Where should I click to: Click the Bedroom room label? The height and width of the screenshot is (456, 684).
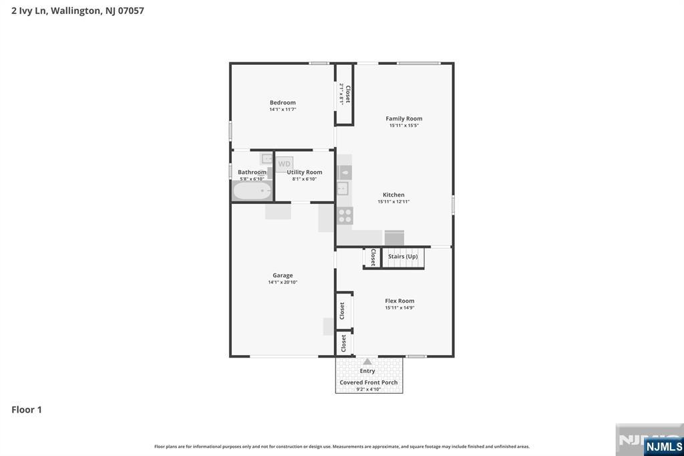[283, 102]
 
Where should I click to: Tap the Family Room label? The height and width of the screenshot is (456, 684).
[404, 118]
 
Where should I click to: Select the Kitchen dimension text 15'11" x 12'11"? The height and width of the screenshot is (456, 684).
[393, 201]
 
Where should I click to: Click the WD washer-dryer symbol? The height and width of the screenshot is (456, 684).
[285, 164]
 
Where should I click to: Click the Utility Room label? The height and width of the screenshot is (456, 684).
[305, 172]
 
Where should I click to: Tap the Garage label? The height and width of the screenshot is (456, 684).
[283, 275]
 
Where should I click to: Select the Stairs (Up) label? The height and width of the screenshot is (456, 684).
[403, 256]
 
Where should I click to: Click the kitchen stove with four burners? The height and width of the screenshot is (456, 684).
[345, 215]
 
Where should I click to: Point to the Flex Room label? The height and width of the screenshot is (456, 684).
[399, 301]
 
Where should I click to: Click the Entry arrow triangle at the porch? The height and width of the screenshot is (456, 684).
[367, 362]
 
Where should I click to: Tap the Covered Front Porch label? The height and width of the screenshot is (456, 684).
[369, 382]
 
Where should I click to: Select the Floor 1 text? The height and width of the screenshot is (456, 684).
[27, 409]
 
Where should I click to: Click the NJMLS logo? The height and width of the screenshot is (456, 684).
[663, 446]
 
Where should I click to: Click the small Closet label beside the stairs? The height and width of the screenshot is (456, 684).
[373, 257]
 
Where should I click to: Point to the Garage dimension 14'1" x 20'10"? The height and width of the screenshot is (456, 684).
[283, 282]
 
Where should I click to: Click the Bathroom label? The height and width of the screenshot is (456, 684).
[252, 172]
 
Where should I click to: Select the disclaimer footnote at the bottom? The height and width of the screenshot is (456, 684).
[342, 446]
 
